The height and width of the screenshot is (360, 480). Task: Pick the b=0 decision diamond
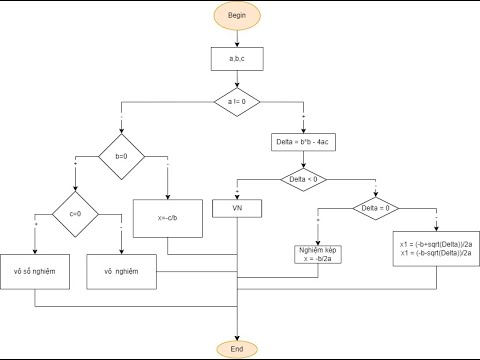(x=122, y=157)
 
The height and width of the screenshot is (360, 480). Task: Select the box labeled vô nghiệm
(x=122, y=270)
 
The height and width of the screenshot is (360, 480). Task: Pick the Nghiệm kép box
(x=318, y=254)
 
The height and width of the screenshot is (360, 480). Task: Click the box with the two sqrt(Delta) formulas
(x=437, y=249)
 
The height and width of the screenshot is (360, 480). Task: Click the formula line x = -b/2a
(x=318, y=259)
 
